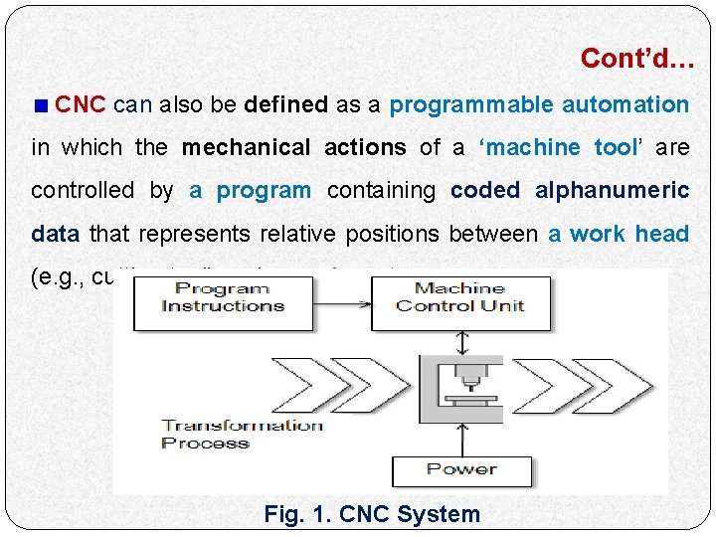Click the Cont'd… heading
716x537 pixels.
point(637,59)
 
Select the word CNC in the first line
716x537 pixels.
point(81,104)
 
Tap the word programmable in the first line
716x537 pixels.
point(471,104)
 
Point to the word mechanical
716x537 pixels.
point(246,147)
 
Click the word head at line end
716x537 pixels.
point(662,234)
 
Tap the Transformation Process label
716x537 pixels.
point(242,434)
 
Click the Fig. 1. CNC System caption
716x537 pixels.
point(372,514)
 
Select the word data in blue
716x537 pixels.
point(57,234)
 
